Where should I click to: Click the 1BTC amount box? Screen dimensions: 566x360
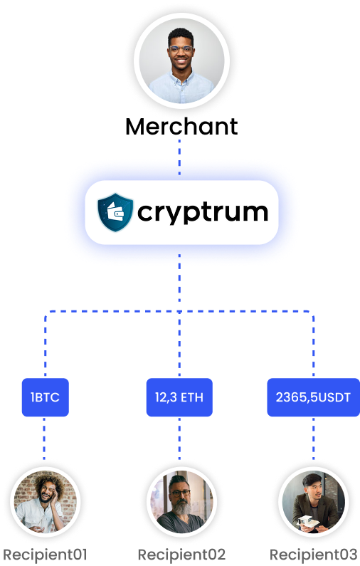(x=45, y=397)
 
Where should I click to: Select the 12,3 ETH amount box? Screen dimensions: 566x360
(x=179, y=397)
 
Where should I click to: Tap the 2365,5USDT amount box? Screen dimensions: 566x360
(x=313, y=397)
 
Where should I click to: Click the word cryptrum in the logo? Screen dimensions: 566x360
(x=203, y=211)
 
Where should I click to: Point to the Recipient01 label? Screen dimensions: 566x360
(x=45, y=554)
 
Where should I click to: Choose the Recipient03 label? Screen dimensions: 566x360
(x=313, y=554)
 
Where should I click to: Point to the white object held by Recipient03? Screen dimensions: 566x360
(x=308, y=522)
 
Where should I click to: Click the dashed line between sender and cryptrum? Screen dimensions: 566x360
(x=179, y=149)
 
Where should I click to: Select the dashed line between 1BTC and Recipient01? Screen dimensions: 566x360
(x=45, y=436)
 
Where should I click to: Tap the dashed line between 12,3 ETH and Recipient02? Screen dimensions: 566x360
(x=179, y=436)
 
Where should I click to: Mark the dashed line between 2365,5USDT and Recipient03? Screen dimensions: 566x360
(x=313, y=436)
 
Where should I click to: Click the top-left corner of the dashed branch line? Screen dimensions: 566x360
(x=46, y=313)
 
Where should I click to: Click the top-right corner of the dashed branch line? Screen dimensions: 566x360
(x=312, y=313)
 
